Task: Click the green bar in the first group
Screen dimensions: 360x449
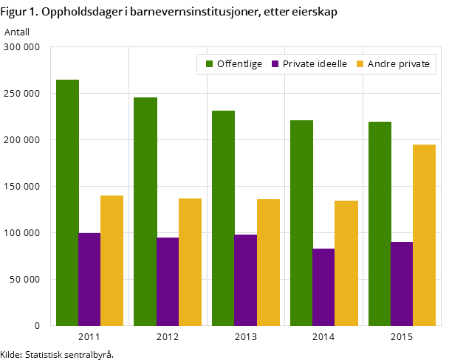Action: point(67,202)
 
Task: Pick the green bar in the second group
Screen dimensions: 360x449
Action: point(145,211)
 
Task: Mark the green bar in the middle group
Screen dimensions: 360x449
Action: point(223,218)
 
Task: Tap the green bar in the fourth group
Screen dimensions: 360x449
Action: point(301,223)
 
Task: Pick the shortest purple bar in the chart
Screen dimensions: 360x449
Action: point(323,287)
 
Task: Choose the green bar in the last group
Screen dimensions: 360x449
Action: point(380,224)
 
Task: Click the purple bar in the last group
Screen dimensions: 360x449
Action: point(402,283)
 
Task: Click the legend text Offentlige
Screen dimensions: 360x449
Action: point(239,64)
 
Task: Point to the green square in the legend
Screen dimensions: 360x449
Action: point(209,64)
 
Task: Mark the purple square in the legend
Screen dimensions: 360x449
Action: point(275,64)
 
